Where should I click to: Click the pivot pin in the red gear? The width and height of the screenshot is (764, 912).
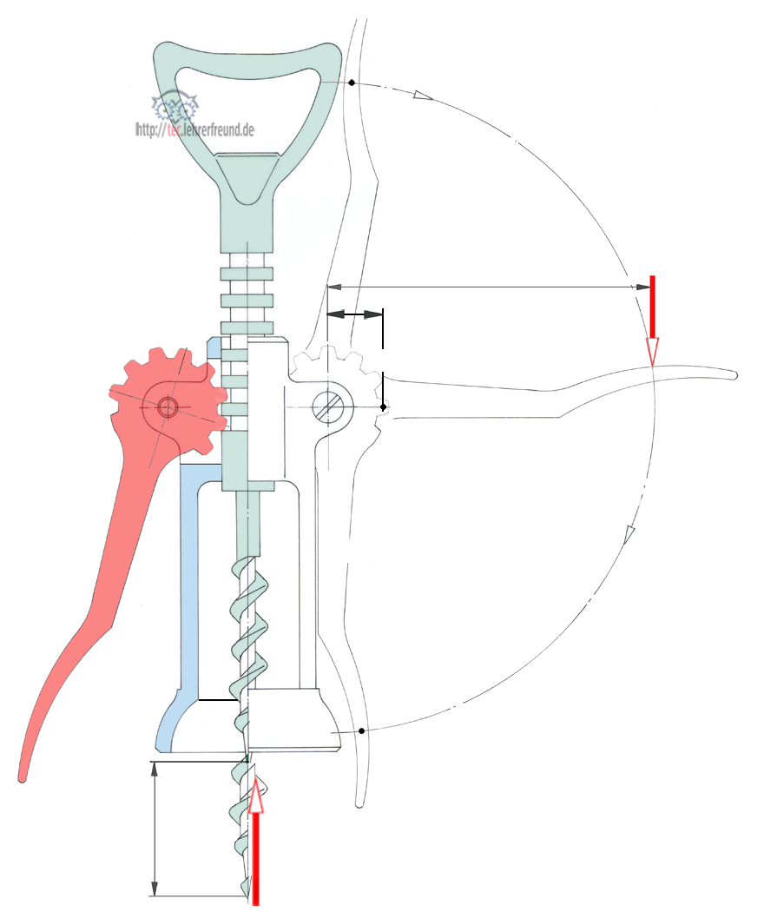pyautogui.click(x=168, y=406)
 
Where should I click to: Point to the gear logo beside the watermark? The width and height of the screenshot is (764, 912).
pyautogui.click(x=175, y=109)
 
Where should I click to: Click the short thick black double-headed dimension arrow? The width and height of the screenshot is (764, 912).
pyautogui.click(x=354, y=314)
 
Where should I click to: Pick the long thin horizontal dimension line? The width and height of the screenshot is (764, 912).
pyautogui.click(x=486, y=286)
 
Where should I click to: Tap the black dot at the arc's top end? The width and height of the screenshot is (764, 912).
pyautogui.click(x=351, y=83)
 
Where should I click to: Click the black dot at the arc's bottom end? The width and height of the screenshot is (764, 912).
pyautogui.click(x=360, y=729)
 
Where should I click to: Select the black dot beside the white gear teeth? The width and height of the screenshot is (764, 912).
pyautogui.click(x=383, y=406)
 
